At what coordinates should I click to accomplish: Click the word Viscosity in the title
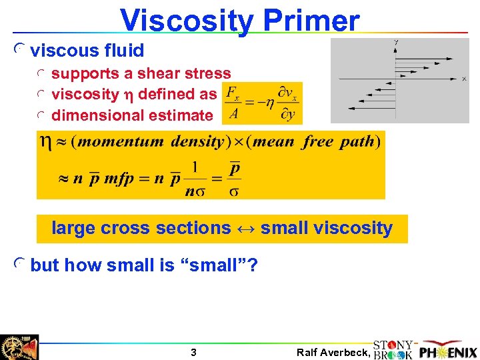pyautogui.click(x=187, y=21)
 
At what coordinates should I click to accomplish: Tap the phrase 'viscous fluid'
pyautogui.click(x=87, y=51)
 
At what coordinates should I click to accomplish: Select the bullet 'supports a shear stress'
pyautogui.click(x=141, y=73)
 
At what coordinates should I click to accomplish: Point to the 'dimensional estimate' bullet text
pyautogui.click(x=131, y=115)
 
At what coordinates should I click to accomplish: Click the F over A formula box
pyautogui.click(x=263, y=103)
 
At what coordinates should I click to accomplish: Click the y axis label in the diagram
pyautogui.click(x=396, y=43)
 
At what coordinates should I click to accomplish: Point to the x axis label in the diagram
pyautogui.click(x=464, y=79)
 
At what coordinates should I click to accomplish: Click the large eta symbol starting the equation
pyautogui.click(x=45, y=141)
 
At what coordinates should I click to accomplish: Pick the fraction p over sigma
pyautogui.click(x=234, y=179)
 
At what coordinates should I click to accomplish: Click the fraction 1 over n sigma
pyautogui.click(x=194, y=179)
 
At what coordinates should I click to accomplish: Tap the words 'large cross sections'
pyautogui.click(x=141, y=228)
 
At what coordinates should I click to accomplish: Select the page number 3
pyautogui.click(x=193, y=353)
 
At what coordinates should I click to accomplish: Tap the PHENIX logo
pyautogui.click(x=448, y=351)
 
